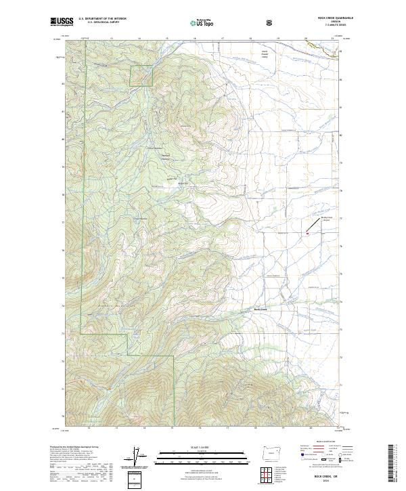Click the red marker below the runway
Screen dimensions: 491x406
tap(308, 233)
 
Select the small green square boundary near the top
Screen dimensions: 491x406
tap(141, 77)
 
